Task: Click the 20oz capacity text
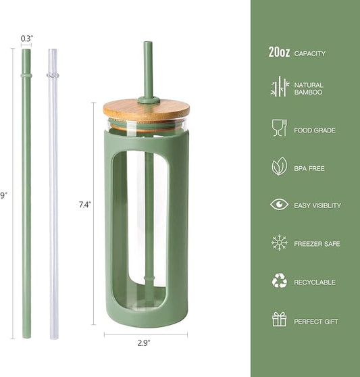tap(297, 53)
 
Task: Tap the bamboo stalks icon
tap(279, 88)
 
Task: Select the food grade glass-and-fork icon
tap(279, 128)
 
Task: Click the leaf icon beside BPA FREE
tap(279, 166)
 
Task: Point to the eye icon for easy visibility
tap(279, 205)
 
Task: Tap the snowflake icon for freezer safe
tap(279, 243)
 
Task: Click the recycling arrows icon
tap(279, 282)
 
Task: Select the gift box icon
tap(279, 320)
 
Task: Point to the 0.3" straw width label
tap(26, 39)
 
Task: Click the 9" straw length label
tap(3, 195)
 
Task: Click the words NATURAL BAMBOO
tap(309, 89)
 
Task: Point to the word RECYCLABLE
tap(314, 282)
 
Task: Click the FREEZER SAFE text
tap(317, 244)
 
